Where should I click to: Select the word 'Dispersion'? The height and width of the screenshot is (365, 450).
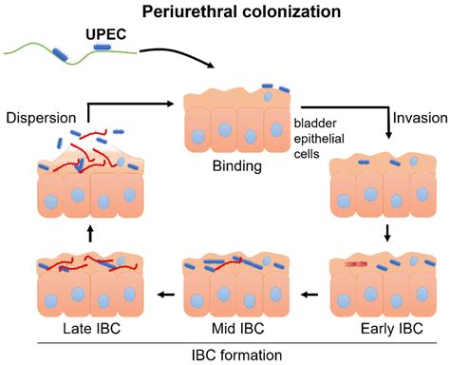[41, 118]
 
